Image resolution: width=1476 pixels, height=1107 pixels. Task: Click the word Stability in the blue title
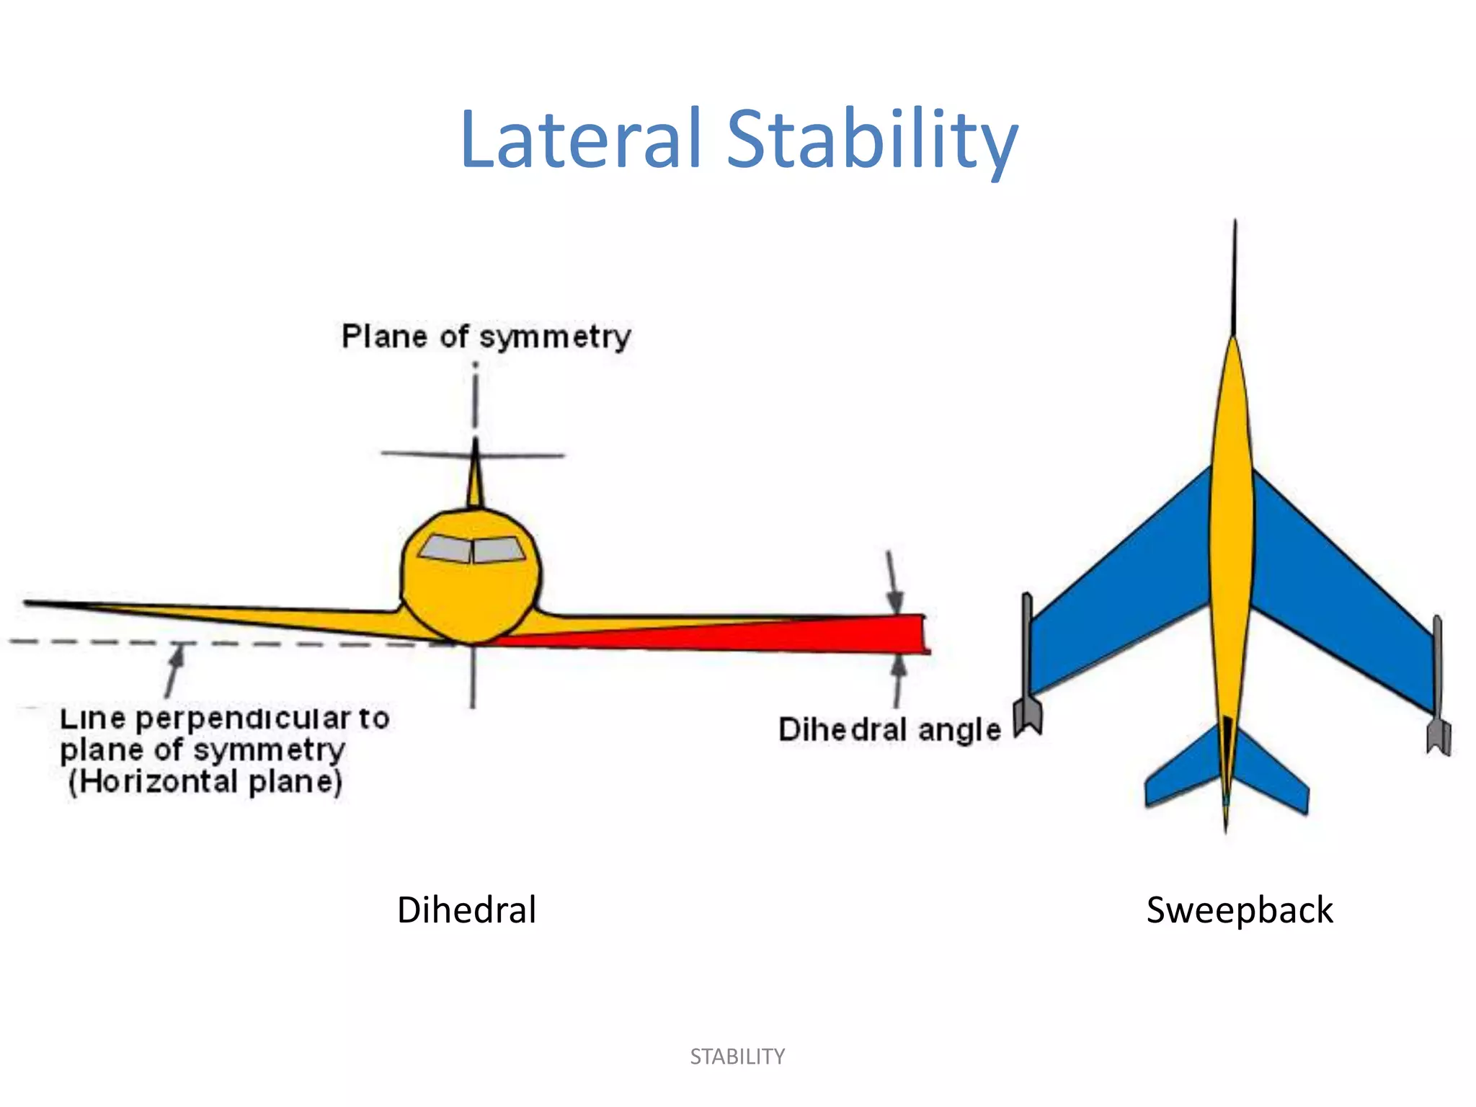[872, 140]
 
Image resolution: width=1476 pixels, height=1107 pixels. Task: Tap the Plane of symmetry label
[486, 337]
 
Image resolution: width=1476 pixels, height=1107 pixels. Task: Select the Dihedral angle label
[889, 729]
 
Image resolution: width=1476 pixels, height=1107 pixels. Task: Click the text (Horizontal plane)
[205, 781]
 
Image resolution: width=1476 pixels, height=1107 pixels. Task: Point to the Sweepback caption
[1240, 910]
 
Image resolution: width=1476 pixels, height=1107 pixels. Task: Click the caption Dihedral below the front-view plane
[466, 910]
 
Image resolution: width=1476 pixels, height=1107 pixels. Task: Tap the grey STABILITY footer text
[737, 1057]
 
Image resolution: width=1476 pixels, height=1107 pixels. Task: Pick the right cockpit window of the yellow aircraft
[498, 550]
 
